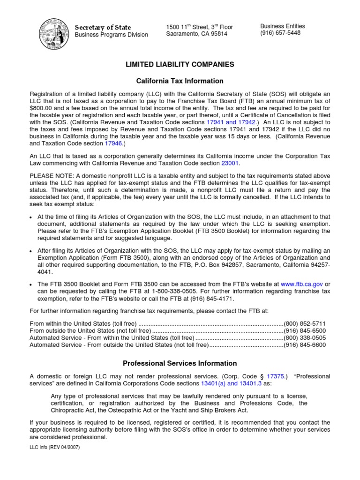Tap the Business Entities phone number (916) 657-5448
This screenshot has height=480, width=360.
280,33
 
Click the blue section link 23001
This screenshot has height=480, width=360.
230,163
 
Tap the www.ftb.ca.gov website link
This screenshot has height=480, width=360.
302,284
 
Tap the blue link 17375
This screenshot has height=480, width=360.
275,376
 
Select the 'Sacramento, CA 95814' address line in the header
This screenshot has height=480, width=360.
196,34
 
